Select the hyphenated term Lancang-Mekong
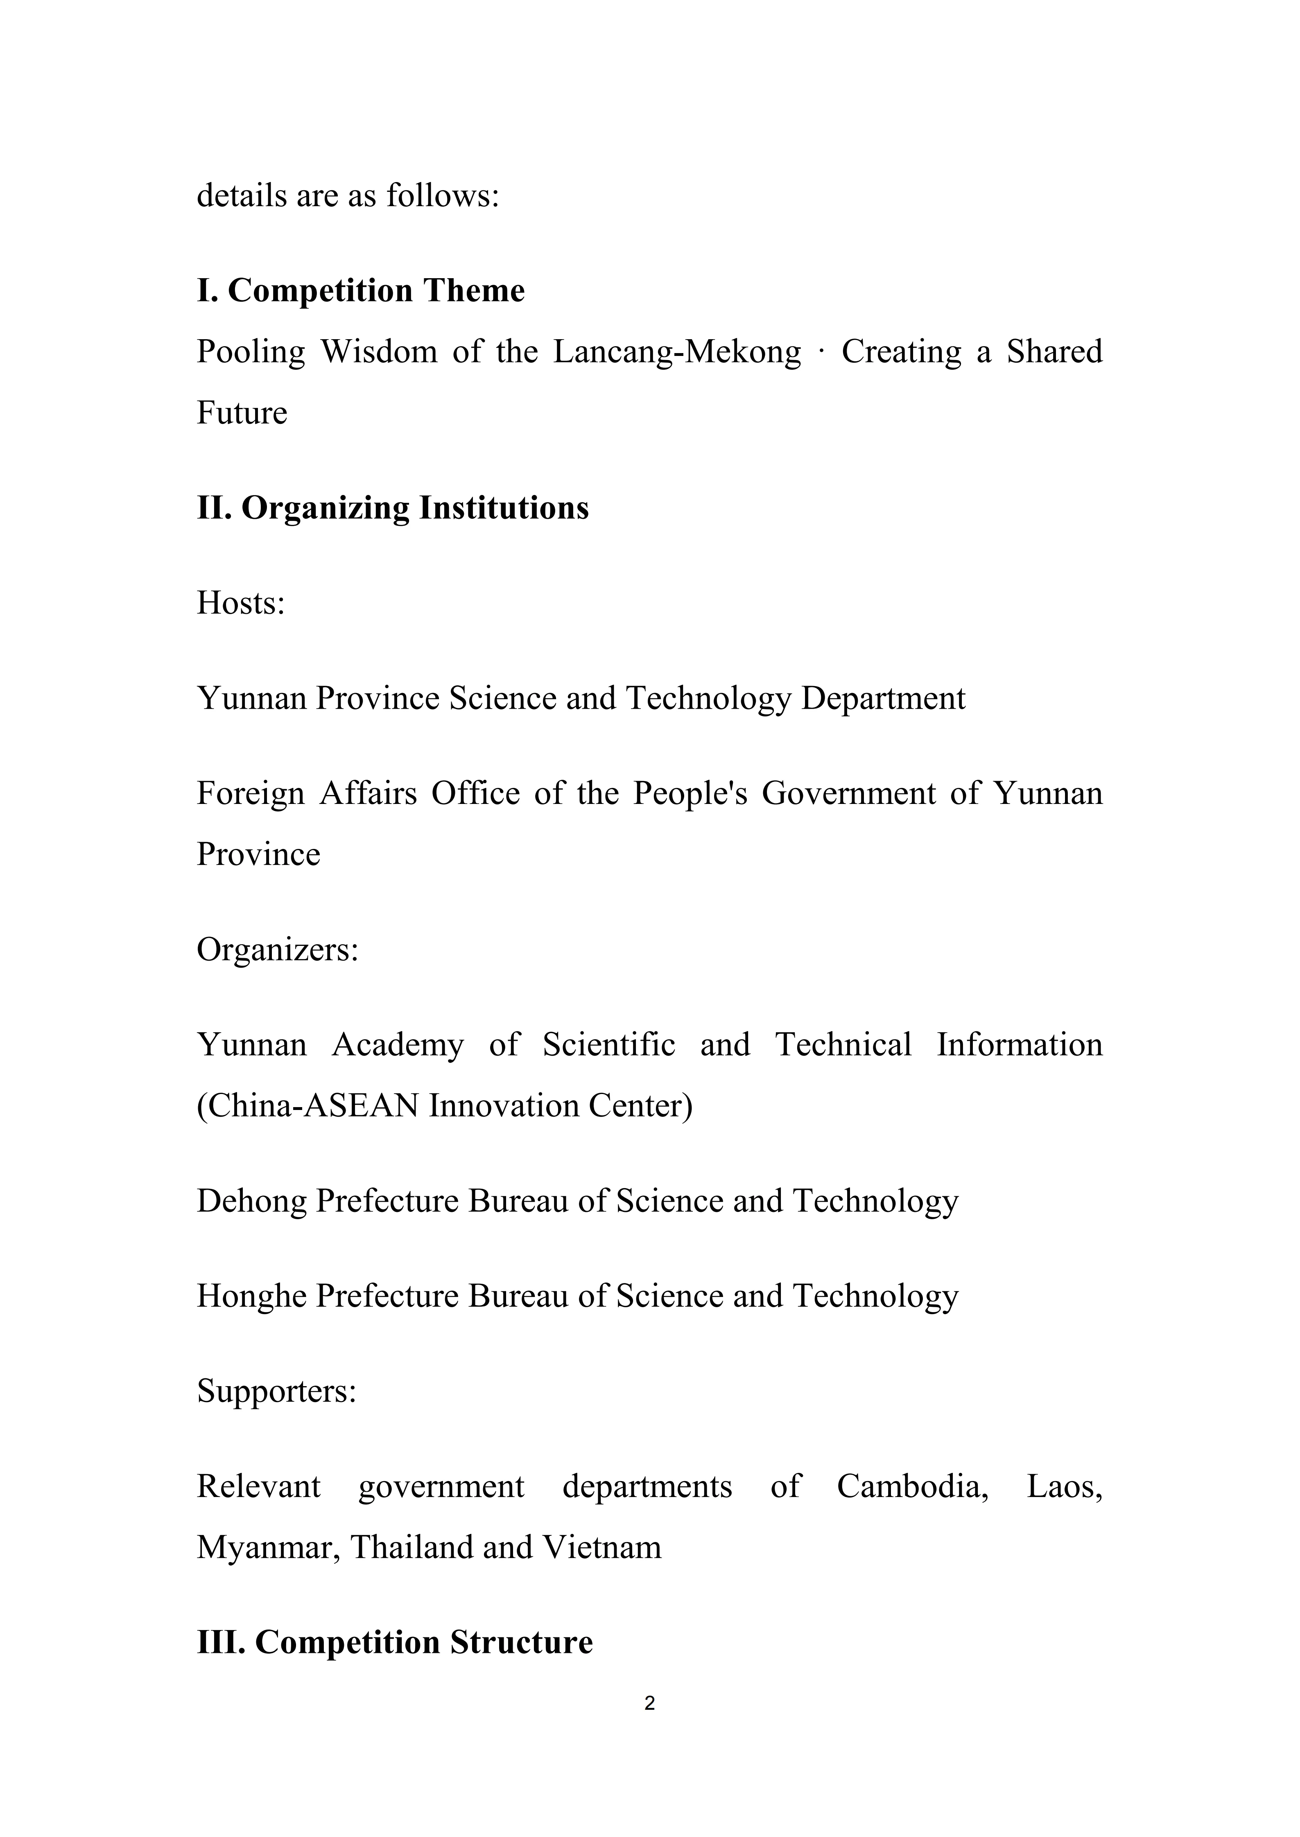(x=676, y=352)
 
